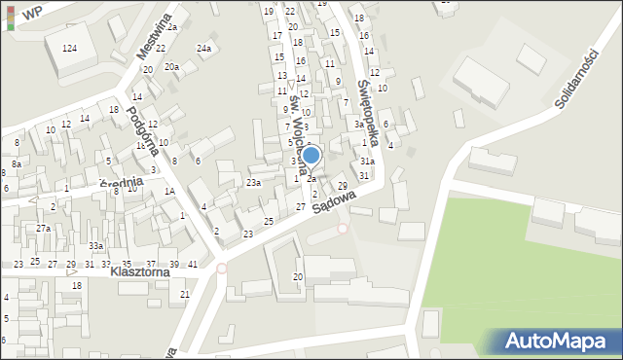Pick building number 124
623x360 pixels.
point(69,48)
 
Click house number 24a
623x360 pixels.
point(203,48)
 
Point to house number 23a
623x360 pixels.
point(253,182)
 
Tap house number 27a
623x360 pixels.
point(43,228)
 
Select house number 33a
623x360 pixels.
point(95,245)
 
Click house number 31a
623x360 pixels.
point(366,161)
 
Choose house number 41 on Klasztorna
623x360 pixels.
point(193,265)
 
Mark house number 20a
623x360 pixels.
point(171,66)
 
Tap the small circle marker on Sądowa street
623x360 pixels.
point(342,229)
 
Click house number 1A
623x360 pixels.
point(168,192)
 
